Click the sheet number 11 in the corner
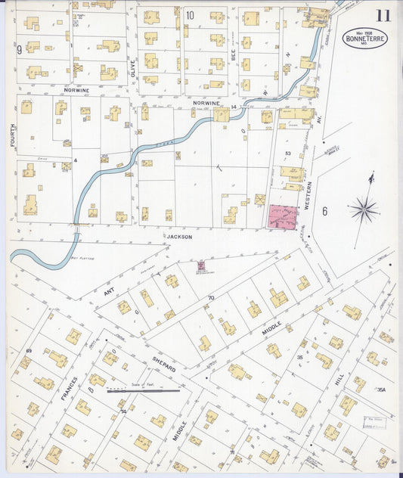(383, 15)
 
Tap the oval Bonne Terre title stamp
(365, 37)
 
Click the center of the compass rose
(364, 209)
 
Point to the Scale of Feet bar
(143, 392)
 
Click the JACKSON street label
(180, 237)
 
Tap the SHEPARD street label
(163, 363)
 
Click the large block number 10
(189, 15)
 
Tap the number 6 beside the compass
(324, 211)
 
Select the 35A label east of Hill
(382, 390)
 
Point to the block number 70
(211, 298)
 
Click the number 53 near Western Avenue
(287, 154)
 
